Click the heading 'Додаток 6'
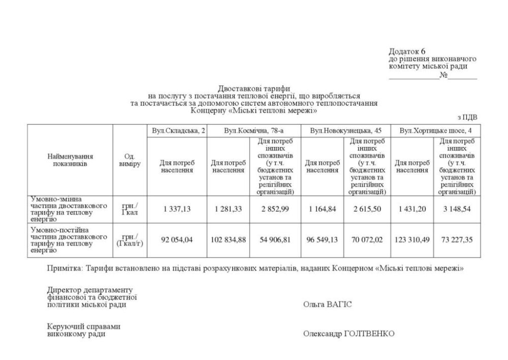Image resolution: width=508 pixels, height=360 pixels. point(407,51)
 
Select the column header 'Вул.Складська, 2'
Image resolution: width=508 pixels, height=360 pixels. point(178,131)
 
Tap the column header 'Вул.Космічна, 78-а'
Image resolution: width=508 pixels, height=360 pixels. point(254,131)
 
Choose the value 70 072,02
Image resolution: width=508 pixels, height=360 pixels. point(368,240)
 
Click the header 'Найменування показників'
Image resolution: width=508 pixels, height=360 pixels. point(71,161)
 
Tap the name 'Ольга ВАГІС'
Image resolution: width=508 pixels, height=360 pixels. point(327,305)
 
